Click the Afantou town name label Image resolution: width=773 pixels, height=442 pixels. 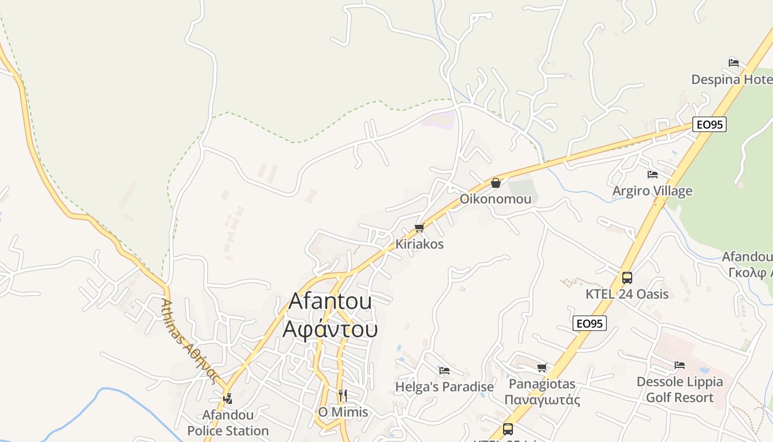click(x=330, y=301)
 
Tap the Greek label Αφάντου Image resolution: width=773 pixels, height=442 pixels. click(x=330, y=329)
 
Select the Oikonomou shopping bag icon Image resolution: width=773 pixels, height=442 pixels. click(x=496, y=183)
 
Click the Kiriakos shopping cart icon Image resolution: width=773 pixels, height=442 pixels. click(x=419, y=228)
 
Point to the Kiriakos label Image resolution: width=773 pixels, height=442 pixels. click(x=419, y=244)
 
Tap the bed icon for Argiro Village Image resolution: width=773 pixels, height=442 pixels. click(x=653, y=175)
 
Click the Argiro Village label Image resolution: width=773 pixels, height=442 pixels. click(x=652, y=191)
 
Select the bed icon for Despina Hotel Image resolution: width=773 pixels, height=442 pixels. click(x=734, y=62)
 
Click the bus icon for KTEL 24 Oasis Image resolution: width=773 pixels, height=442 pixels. click(x=627, y=277)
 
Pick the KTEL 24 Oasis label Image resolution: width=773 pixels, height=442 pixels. click(x=627, y=294)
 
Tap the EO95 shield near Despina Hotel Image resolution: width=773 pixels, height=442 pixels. click(x=710, y=124)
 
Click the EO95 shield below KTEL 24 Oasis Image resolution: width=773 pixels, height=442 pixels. click(x=590, y=324)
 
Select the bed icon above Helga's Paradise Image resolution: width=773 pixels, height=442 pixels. click(x=444, y=370)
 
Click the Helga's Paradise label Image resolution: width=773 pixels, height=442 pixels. click(x=444, y=387)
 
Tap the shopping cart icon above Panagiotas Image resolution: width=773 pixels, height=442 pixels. click(x=542, y=367)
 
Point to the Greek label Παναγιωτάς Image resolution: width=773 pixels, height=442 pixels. click(x=542, y=399)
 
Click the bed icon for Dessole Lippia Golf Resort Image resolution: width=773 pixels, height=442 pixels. click(x=680, y=365)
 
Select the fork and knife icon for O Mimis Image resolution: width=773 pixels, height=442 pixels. click(x=343, y=395)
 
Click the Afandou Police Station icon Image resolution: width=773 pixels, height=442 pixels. click(x=227, y=398)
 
